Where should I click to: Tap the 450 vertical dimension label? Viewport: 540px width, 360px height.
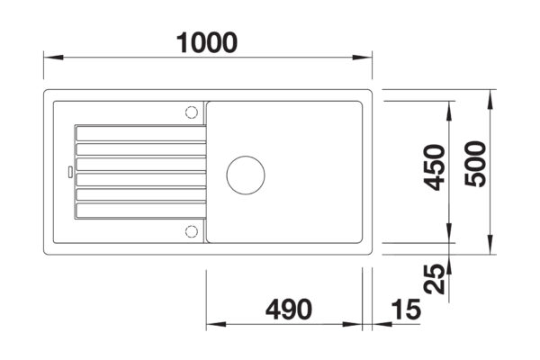point(436,167)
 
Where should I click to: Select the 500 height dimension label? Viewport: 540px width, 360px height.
point(476,166)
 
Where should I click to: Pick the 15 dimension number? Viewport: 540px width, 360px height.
point(406,310)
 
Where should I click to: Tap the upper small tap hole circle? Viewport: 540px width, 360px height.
point(190,112)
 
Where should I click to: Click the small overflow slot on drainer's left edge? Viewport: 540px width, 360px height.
point(67,170)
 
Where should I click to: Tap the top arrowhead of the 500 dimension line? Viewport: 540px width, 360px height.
point(488,95)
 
